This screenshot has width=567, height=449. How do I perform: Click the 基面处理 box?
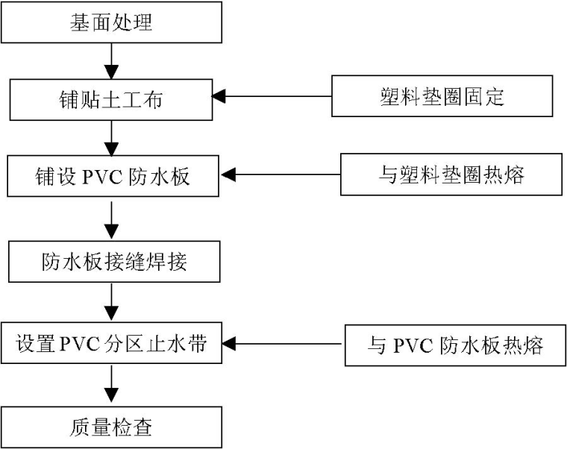pyautogui.click(x=111, y=22)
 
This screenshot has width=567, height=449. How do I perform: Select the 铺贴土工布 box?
pyautogui.click(x=111, y=98)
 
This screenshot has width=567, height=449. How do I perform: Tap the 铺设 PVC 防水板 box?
pyautogui.click(x=111, y=175)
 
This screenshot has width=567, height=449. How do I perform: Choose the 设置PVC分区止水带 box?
pyautogui.click(x=111, y=345)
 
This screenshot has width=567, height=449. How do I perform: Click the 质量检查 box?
pyautogui.click(x=111, y=427)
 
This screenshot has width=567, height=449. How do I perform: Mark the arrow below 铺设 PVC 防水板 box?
pyautogui.click(x=111, y=220)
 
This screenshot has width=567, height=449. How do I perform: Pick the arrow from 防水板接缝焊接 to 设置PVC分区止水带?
pyautogui.click(x=111, y=302)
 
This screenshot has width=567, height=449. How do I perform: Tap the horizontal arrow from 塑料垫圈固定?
pyautogui.click(x=272, y=97)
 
